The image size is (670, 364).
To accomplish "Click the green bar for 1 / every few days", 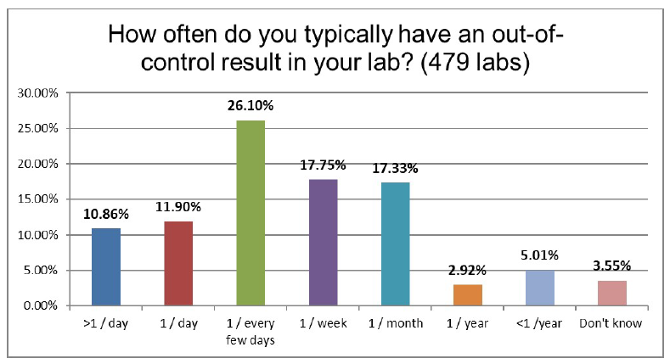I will pyautogui.click(x=251, y=213).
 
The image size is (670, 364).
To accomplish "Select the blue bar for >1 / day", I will pyautogui.click(x=105, y=266).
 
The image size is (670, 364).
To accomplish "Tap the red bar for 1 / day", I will pyautogui.click(x=177, y=263).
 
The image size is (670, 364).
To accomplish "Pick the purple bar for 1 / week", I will pyautogui.click(x=323, y=242).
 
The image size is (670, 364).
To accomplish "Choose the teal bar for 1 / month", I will pyautogui.click(x=395, y=244).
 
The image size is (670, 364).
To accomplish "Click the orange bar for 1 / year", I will pyautogui.click(x=467, y=294).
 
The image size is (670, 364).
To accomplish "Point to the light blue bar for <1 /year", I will pyautogui.click(x=539, y=288).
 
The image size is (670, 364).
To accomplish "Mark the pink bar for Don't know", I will pyautogui.click(x=611, y=293).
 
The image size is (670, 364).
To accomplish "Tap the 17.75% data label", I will pyautogui.click(x=323, y=165).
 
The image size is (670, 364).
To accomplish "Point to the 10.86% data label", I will pyautogui.click(x=105, y=215).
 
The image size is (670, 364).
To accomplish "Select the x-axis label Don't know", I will pyautogui.click(x=611, y=323).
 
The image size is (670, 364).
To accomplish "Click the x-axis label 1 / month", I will pyautogui.click(x=395, y=323).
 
